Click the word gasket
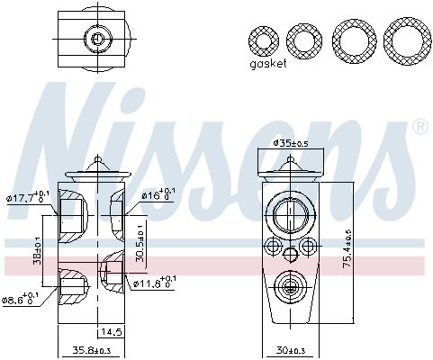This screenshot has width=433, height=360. [x=269, y=65]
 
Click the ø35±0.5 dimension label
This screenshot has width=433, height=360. [x=290, y=143]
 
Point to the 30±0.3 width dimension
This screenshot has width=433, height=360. [x=290, y=350]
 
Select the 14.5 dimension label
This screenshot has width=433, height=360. [x=111, y=332]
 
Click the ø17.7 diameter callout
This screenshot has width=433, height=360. [x=24, y=195]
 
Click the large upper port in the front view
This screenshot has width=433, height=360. [x=290, y=214]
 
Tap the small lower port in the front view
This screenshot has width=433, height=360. [x=290, y=287]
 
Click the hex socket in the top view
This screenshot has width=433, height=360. [x=97, y=38]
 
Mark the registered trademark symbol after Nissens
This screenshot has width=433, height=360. [x=419, y=128]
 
